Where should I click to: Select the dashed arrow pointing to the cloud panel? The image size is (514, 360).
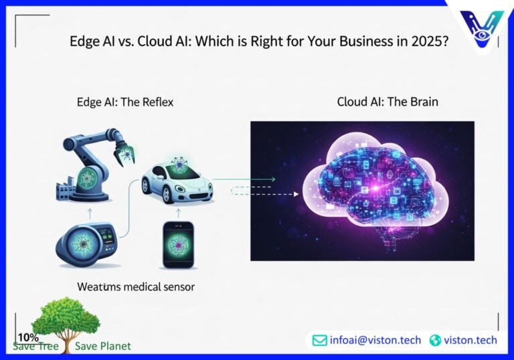pos(264,194)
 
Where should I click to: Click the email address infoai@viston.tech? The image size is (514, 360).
pos(375,340)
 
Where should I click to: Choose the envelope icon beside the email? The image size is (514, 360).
pos(320,340)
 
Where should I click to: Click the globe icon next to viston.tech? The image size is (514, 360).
pos(436,340)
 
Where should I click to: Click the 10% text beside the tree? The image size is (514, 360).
pos(28,337)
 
